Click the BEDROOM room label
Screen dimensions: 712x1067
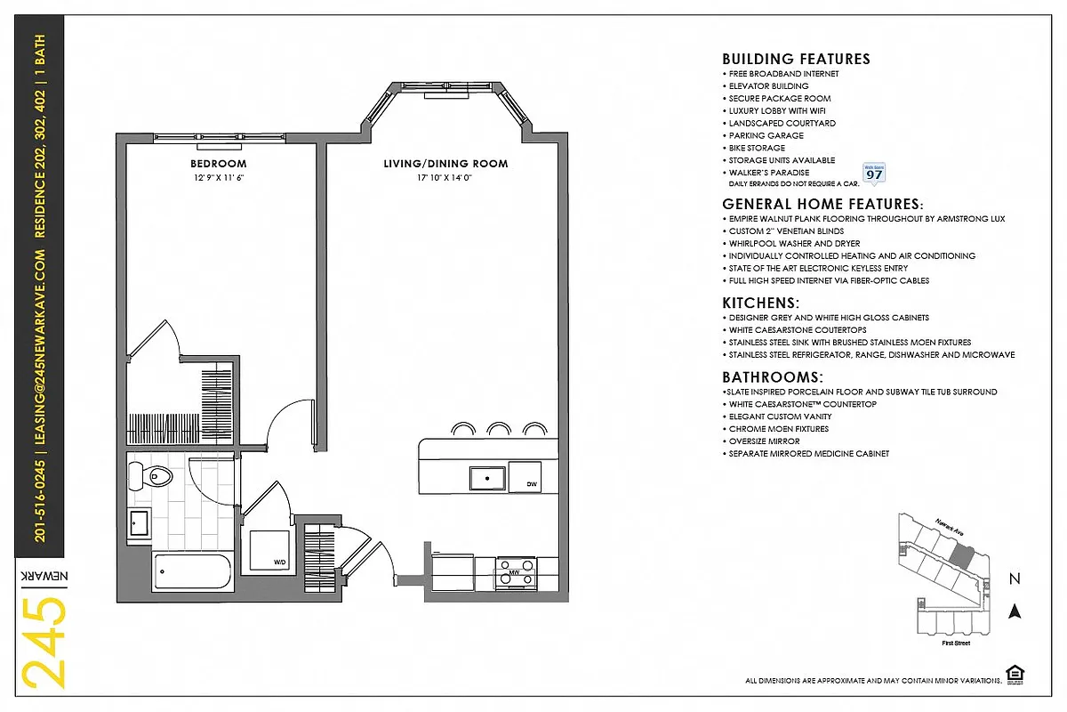tap(218, 164)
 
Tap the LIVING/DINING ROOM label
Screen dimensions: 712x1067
tap(445, 164)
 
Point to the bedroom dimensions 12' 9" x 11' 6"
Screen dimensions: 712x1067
tap(218, 178)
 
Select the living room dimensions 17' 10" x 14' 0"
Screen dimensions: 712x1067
tap(445, 178)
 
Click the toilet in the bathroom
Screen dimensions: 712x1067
tap(157, 477)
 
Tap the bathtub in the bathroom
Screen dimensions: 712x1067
tap(192, 572)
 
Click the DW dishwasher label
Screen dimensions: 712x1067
tap(531, 484)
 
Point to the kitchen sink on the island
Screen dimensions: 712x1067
tap(488, 478)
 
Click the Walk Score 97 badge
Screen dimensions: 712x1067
tap(874, 173)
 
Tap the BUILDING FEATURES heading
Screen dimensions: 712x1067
tap(796, 60)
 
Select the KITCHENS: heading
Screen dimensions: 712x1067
tap(760, 303)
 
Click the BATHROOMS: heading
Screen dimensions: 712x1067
tap(772, 377)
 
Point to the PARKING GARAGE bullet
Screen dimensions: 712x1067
tap(765, 135)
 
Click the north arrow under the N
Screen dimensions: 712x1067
tap(1014, 611)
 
